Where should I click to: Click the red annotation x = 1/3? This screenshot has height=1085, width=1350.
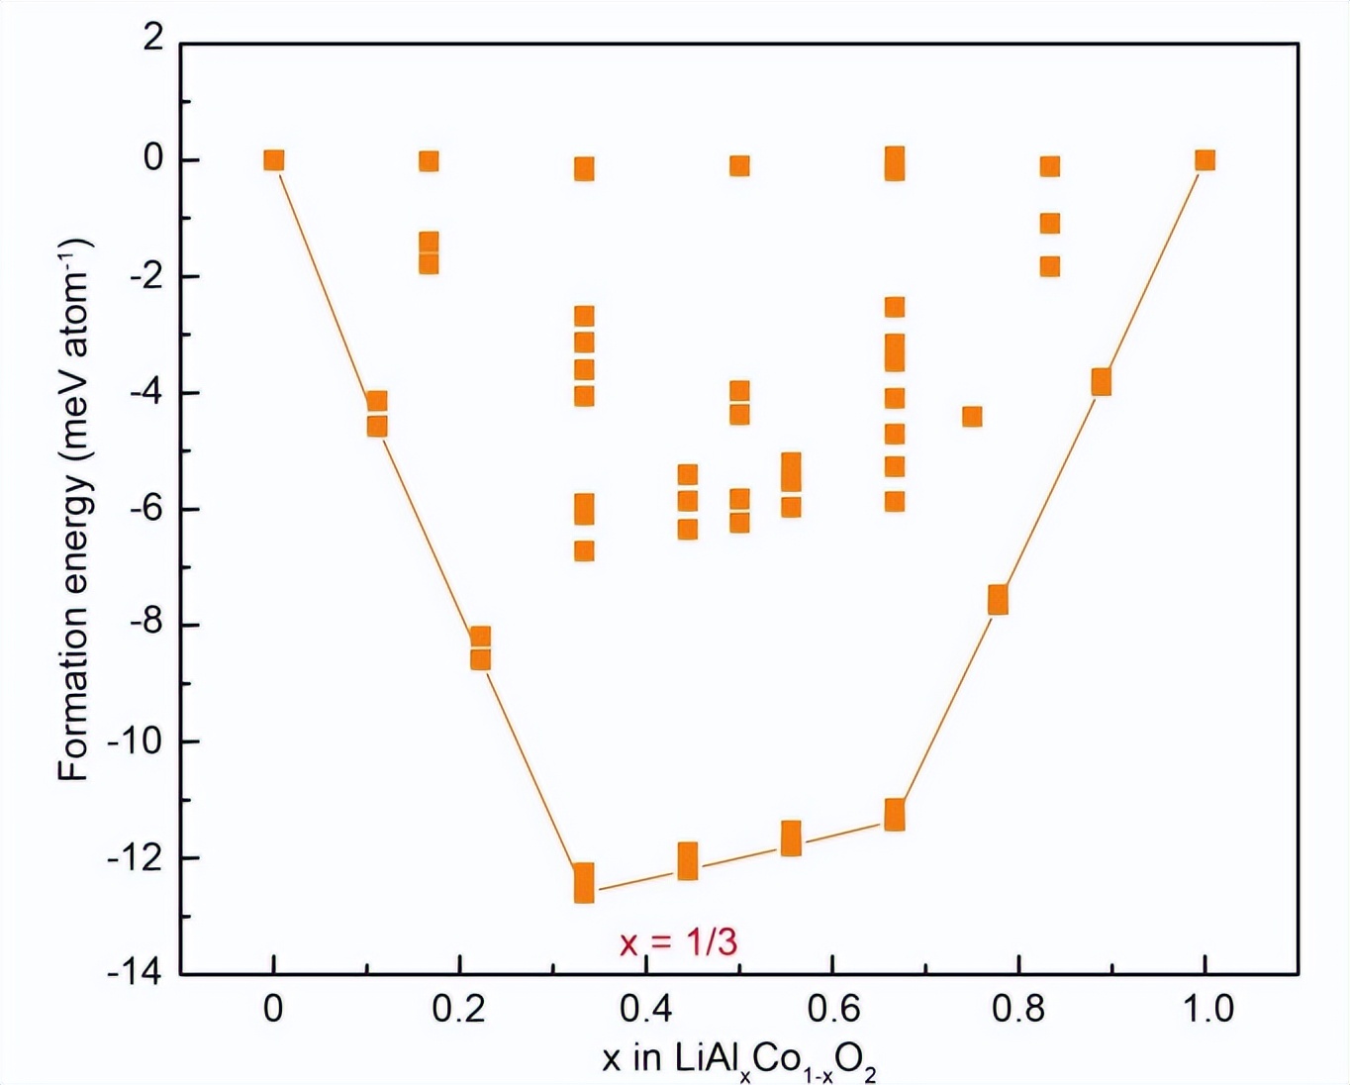679,941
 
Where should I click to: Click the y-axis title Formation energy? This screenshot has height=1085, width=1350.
74,510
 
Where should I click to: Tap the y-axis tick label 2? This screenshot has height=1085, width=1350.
152,39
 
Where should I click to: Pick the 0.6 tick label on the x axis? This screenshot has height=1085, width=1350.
832,1009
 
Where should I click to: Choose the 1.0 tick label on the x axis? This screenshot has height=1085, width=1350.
1205,1009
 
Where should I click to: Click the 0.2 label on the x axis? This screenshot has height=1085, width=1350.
460,1009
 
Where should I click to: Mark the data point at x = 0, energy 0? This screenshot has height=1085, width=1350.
274,160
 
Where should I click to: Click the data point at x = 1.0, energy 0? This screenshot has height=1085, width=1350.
1205,160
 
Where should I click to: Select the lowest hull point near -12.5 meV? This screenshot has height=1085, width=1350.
584,882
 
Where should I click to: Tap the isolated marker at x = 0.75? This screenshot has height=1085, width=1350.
972,417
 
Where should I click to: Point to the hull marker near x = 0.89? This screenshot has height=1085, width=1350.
1101,381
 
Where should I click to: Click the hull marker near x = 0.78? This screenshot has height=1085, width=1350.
998,600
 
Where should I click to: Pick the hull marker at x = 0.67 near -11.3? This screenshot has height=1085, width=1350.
895,815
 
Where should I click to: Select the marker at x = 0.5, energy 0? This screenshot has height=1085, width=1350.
739,165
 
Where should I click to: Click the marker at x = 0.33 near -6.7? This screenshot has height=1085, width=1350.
584,551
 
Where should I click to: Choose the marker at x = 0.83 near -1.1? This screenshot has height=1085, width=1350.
1050,224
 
